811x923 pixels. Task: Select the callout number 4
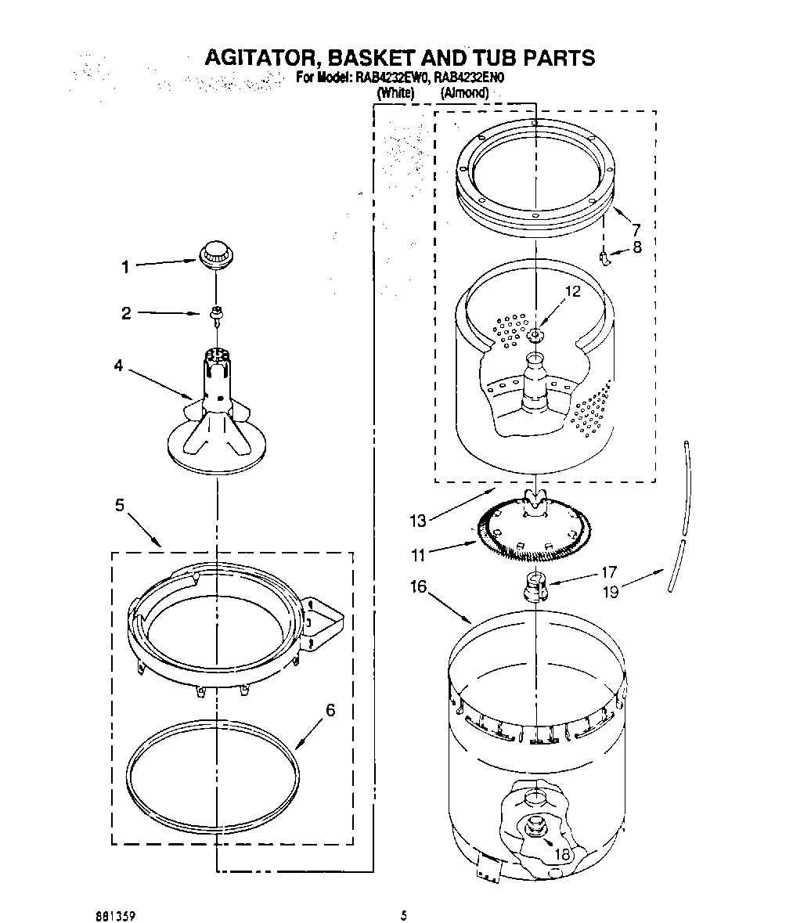(x=118, y=366)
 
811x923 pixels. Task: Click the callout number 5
(x=120, y=506)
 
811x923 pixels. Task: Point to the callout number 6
(x=330, y=710)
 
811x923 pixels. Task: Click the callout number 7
(x=636, y=229)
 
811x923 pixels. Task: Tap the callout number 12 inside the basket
(x=573, y=291)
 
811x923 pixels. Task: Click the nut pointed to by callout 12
(x=535, y=337)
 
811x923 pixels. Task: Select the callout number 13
(x=417, y=521)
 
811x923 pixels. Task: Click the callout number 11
(x=418, y=555)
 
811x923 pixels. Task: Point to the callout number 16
(x=419, y=586)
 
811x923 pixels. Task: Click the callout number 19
(x=610, y=592)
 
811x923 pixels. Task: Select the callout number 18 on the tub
(x=562, y=854)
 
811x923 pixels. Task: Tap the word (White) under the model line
(x=395, y=92)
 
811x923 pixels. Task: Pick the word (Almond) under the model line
(x=464, y=92)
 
